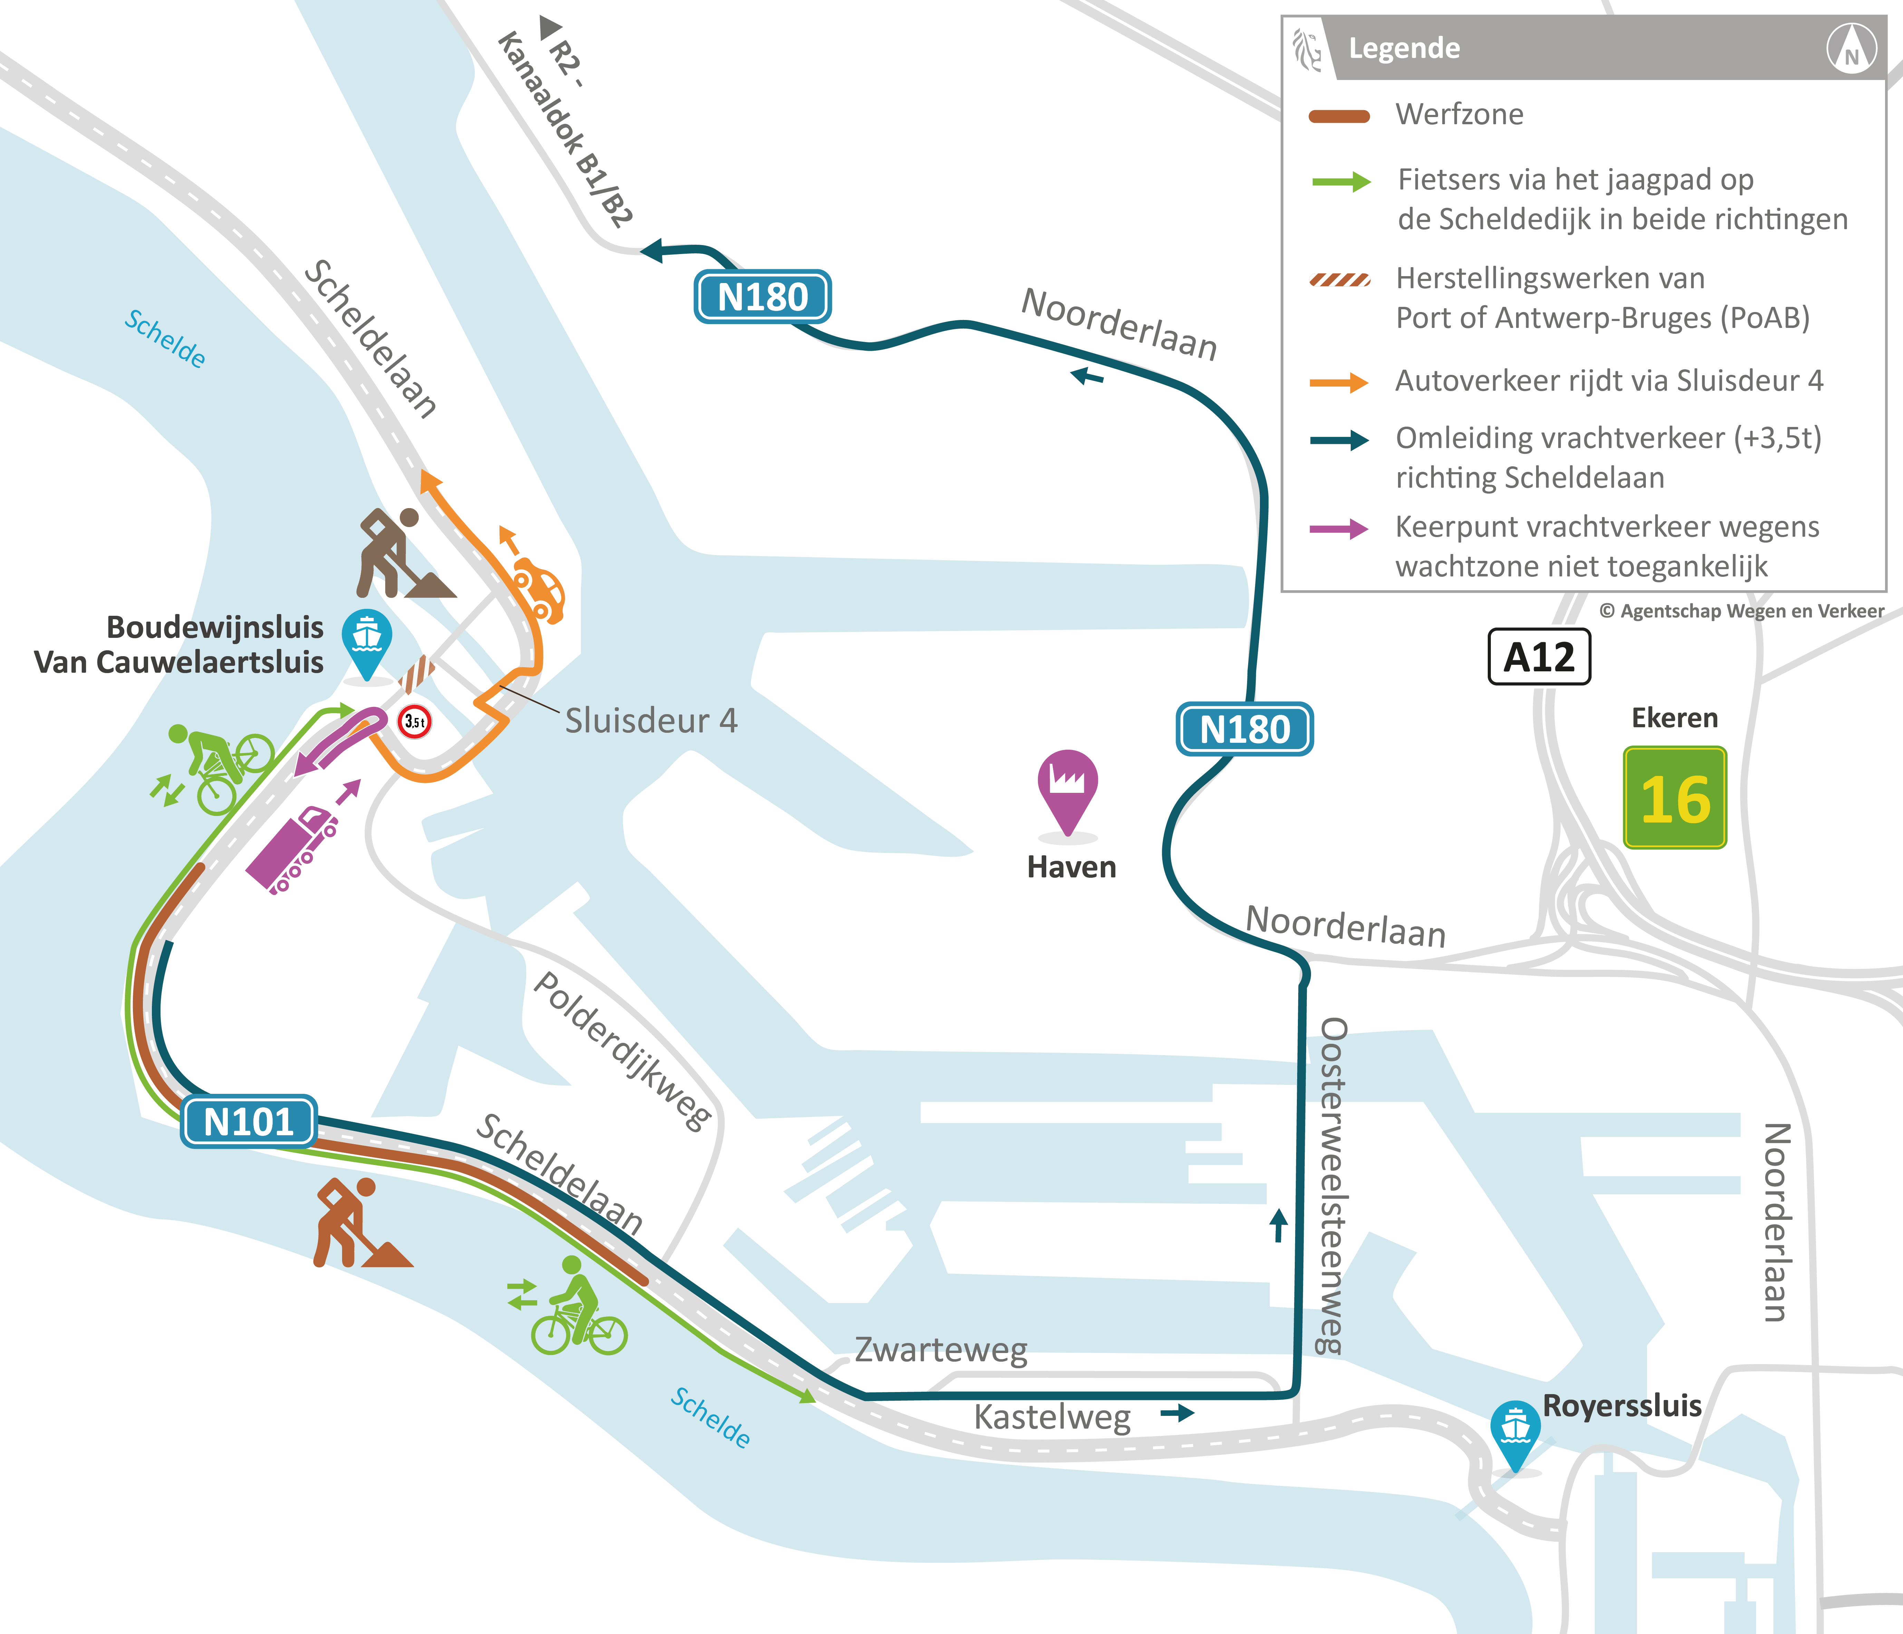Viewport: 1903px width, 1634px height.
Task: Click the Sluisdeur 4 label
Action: click(x=650, y=721)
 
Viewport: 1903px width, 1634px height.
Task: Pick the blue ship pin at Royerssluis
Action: click(x=1515, y=1430)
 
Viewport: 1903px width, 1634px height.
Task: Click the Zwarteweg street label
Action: click(x=941, y=1349)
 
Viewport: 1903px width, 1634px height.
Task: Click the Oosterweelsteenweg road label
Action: click(x=1332, y=1185)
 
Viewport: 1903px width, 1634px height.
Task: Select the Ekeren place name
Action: click(x=1674, y=717)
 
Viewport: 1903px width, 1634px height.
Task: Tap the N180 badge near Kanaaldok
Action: click(x=762, y=297)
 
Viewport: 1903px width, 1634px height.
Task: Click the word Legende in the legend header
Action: click(x=1404, y=48)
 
